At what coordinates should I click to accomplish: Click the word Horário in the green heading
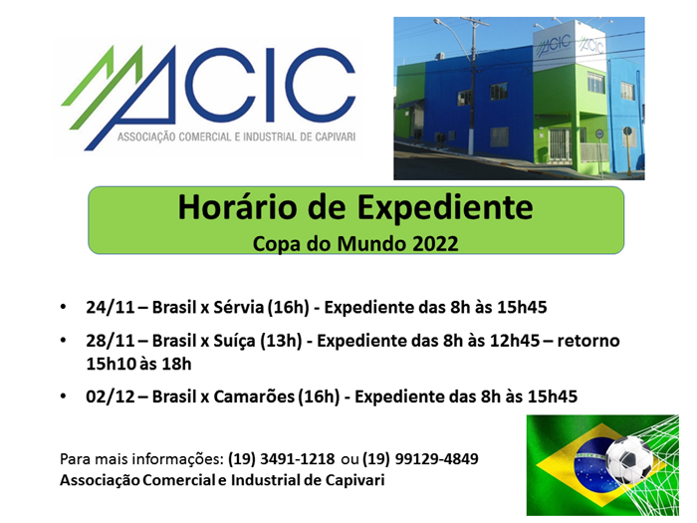point(237,207)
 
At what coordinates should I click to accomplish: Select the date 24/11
point(111,307)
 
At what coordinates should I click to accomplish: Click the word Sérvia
point(238,307)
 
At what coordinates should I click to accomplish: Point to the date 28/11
point(111,341)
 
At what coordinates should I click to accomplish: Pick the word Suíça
point(234,342)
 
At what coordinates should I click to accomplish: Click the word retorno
point(588,341)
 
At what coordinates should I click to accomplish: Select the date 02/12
point(111,396)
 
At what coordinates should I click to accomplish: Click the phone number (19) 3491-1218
point(282,459)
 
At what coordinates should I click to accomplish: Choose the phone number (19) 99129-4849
point(420,459)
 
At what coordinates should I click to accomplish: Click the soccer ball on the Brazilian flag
point(628,459)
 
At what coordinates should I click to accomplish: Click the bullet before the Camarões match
point(64,396)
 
